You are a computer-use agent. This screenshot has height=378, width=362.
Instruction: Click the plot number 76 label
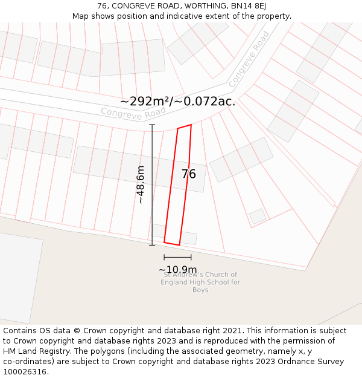[188, 174]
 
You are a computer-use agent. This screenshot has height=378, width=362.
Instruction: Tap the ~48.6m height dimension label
[141, 184]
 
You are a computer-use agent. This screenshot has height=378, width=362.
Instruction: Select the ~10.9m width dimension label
[177, 270]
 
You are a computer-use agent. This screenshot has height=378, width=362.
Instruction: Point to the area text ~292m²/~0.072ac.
[177, 102]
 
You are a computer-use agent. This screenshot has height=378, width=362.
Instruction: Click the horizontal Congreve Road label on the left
[133, 112]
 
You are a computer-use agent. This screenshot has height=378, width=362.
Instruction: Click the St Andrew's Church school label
[200, 282]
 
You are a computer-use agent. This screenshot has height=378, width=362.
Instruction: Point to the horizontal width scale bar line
[177, 258]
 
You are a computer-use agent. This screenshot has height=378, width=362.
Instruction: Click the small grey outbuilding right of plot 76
[258, 216]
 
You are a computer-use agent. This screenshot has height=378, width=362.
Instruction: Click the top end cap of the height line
[152, 125]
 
